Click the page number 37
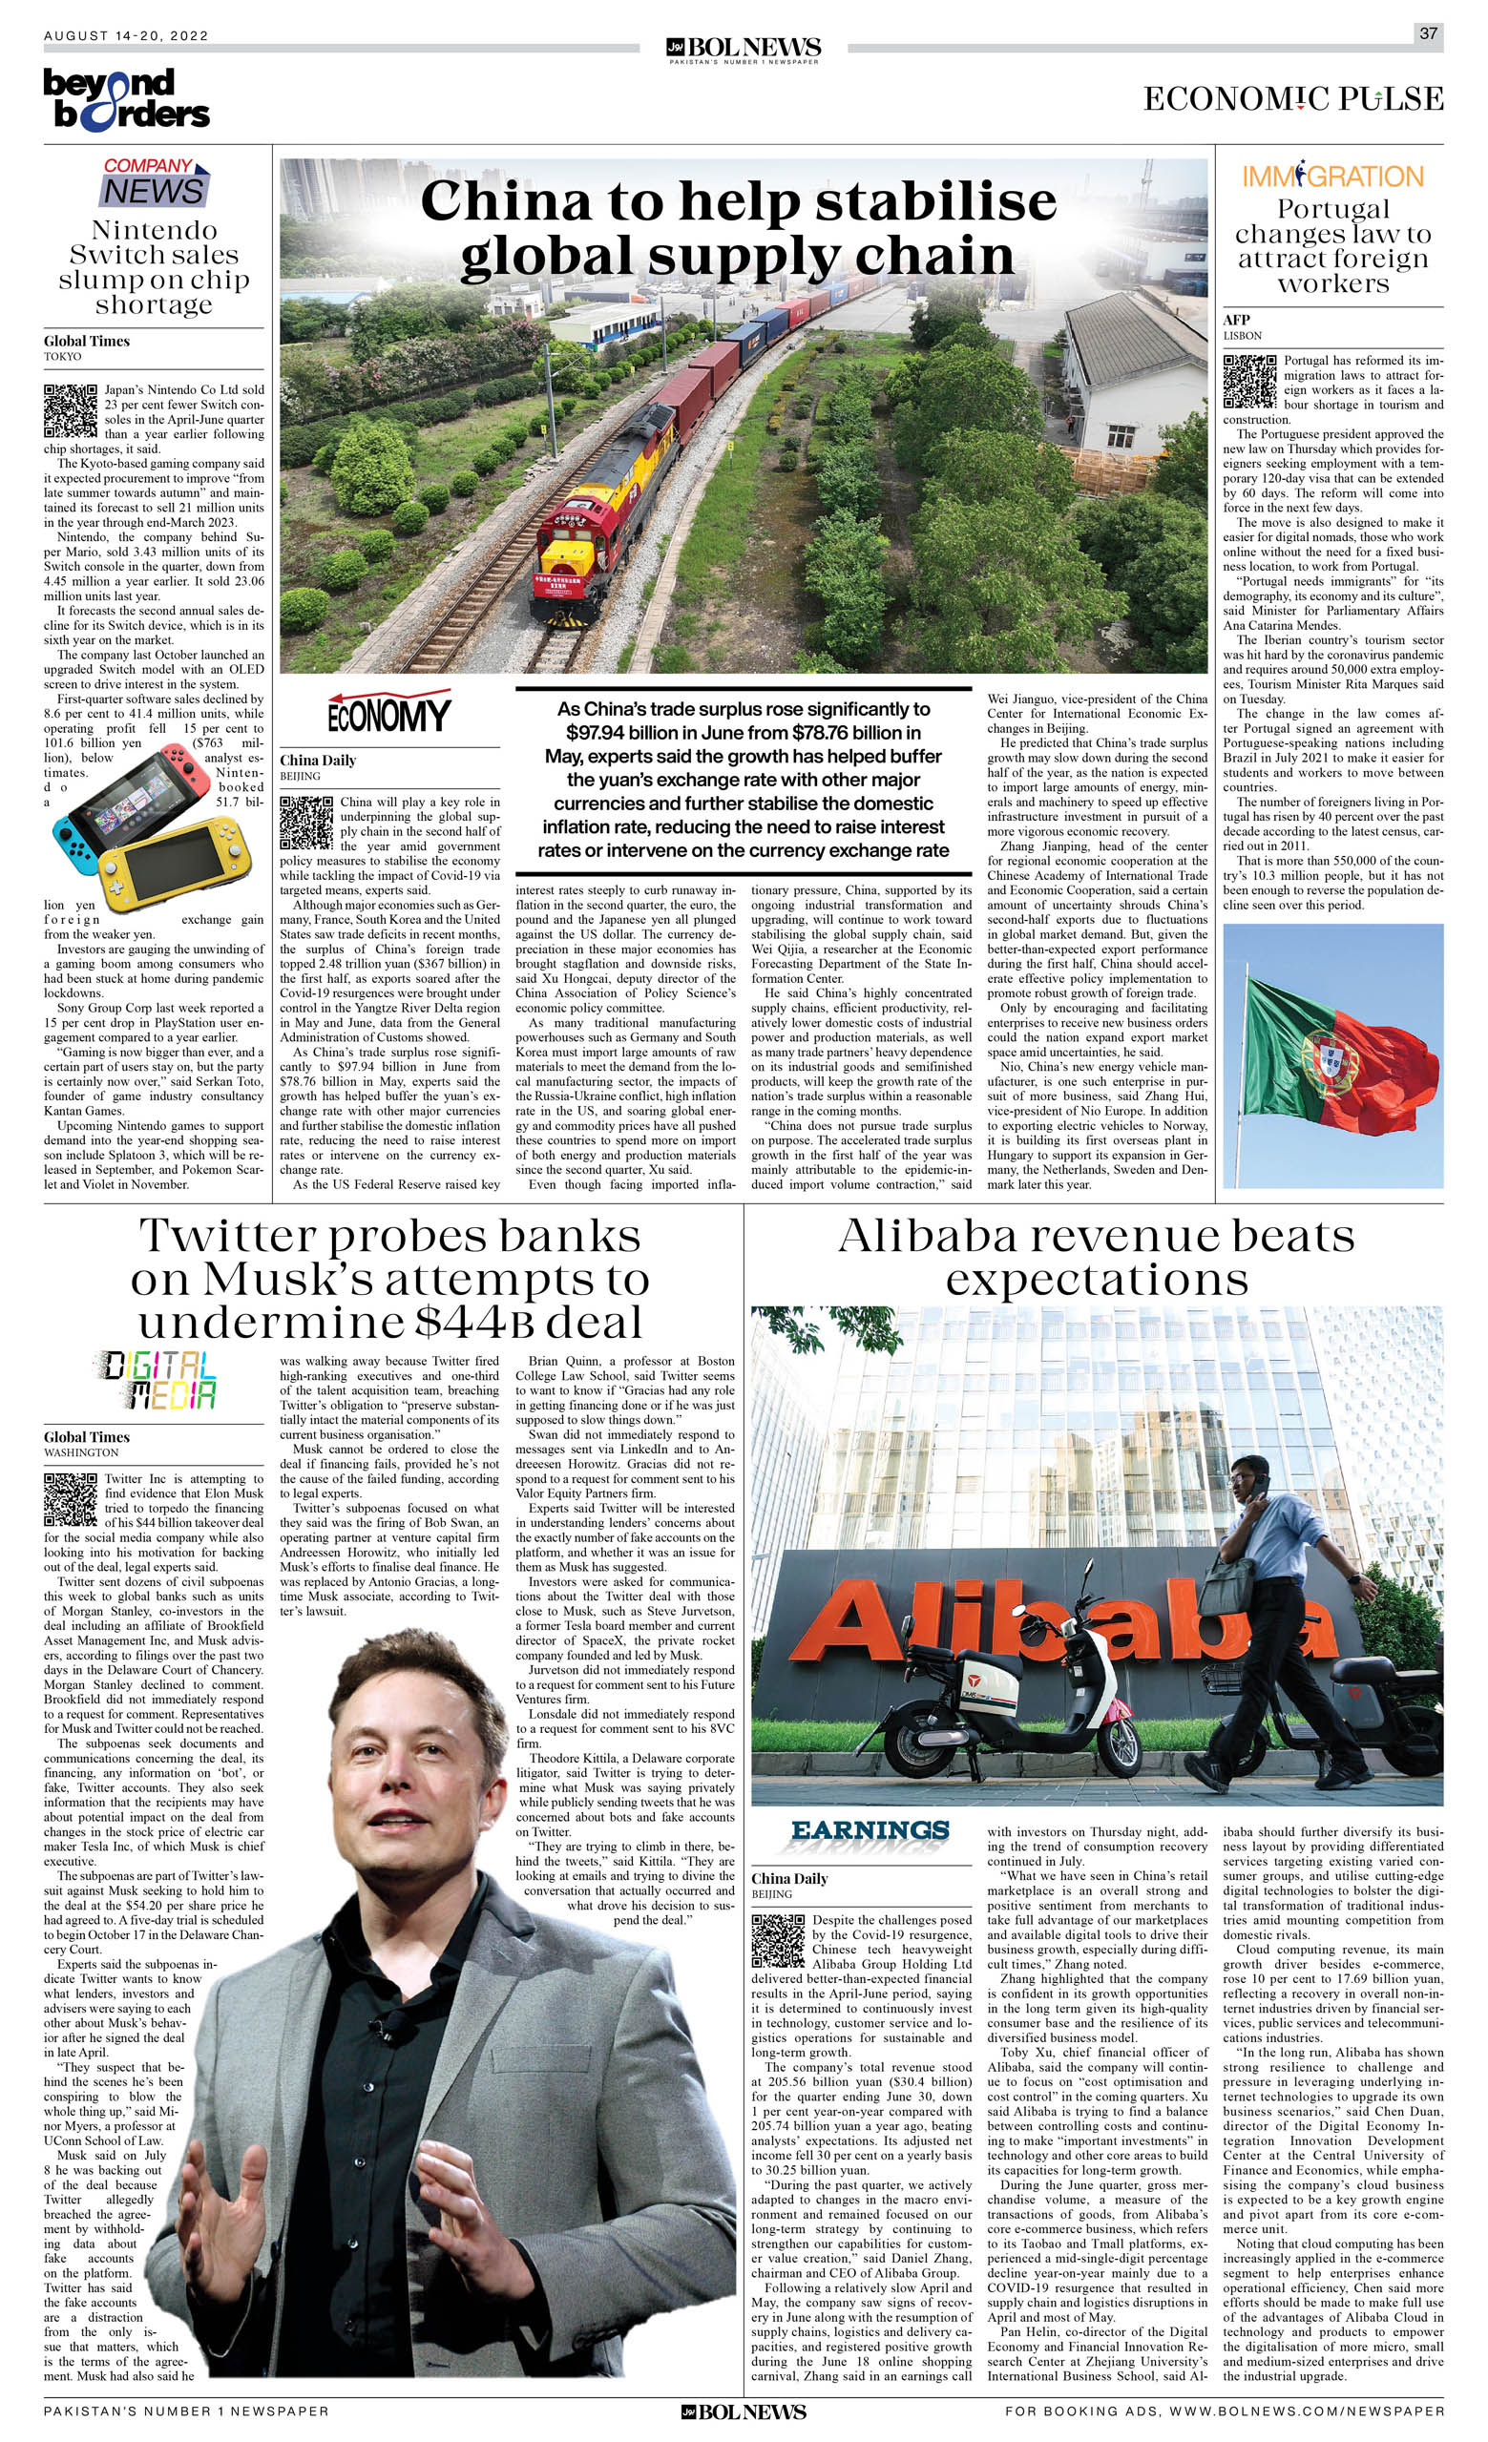(x=1428, y=33)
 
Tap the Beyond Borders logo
(x=126, y=99)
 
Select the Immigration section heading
(x=1332, y=177)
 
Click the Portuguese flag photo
(x=1332, y=1054)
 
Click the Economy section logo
(x=388, y=713)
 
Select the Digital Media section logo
(x=157, y=1381)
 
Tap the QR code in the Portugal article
(x=1249, y=382)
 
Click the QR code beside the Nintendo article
(x=71, y=411)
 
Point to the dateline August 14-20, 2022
(x=126, y=35)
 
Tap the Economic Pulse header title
(x=1292, y=99)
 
